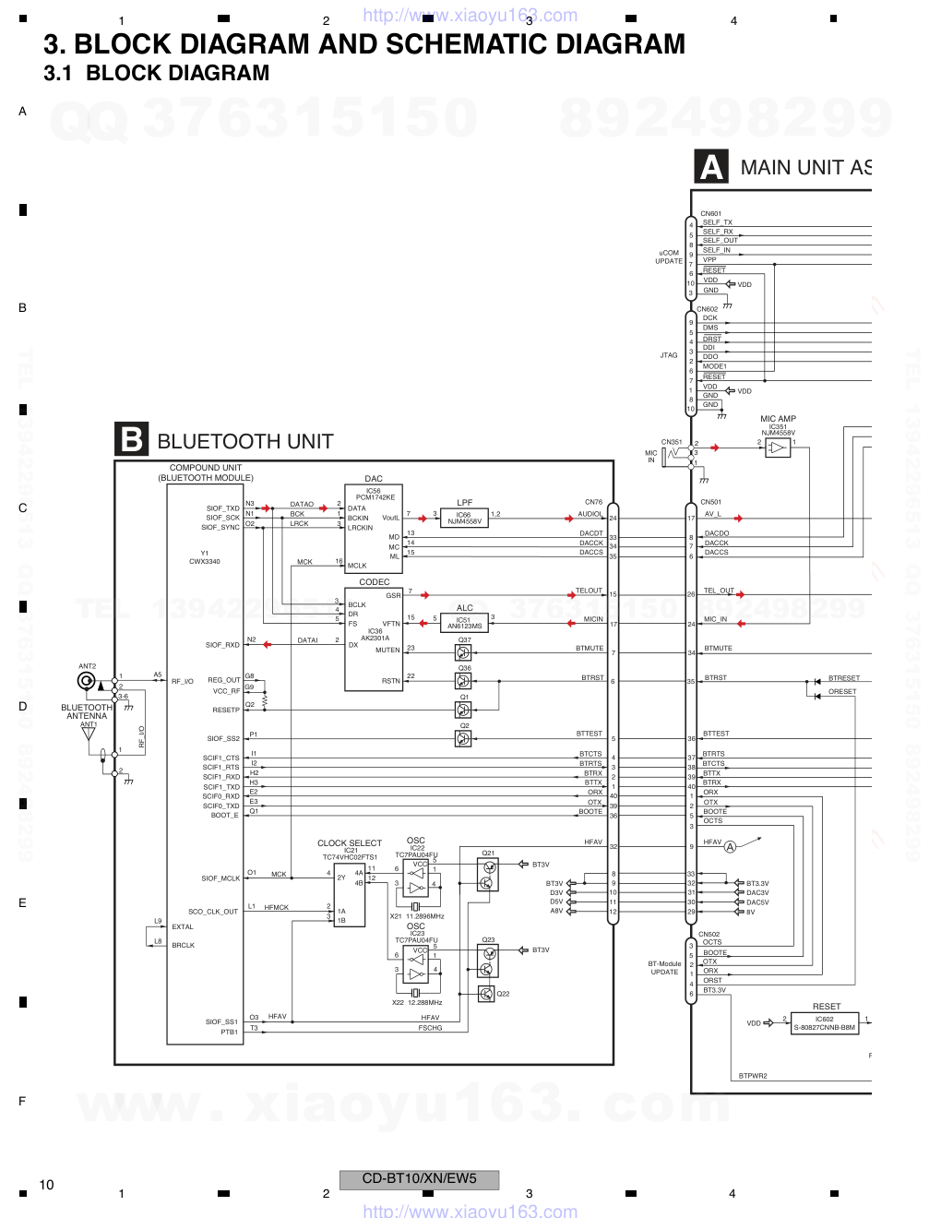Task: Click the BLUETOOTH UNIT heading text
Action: [x=244, y=442]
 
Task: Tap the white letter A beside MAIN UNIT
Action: [x=711, y=167]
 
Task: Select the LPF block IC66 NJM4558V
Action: [x=464, y=519]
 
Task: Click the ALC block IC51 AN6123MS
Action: [x=464, y=624]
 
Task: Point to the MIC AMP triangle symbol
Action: [x=778, y=448]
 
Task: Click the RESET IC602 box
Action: [x=824, y=1023]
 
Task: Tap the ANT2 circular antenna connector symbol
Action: [x=87, y=681]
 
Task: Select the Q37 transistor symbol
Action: [x=463, y=652]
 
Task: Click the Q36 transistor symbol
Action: [x=463, y=681]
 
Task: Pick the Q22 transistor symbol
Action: [x=486, y=994]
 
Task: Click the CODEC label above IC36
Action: [x=374, y=582]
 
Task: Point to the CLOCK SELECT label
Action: [x=349, y=842]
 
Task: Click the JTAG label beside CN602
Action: [x=668, y=355]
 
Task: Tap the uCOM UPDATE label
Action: [x=669, y=257]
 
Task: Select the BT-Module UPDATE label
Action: [x=664, y=968]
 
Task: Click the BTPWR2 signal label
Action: [x=753, y=1076]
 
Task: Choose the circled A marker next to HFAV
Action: [x=730, y=847]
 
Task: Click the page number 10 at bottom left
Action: [x=46, y=1185]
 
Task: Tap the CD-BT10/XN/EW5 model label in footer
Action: [x=419, y=1179]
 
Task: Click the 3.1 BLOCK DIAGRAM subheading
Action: [x=157, y=74]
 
